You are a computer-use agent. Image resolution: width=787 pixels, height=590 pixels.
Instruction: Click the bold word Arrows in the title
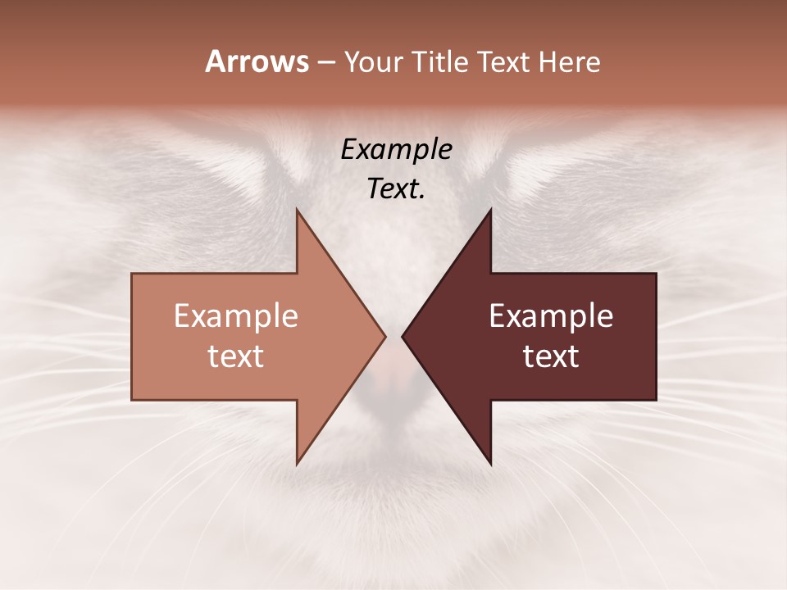click(x=257, y=61)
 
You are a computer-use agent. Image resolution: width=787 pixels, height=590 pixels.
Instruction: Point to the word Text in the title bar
click(x=505, y=61)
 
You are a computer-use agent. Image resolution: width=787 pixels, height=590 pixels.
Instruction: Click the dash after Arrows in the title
click(x=325, y=63)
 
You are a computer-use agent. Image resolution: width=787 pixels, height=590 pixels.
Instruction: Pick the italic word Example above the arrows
click(x=397, y=150)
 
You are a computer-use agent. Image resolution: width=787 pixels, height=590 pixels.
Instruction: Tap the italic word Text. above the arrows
click(x=397, y=189)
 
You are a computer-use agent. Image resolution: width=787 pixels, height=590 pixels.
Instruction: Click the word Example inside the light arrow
click(x=236, y=316)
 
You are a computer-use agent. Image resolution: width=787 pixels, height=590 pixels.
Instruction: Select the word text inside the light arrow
click(x=236, y=356)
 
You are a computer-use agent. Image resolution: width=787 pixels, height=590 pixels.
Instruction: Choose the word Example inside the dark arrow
click(x=551, y=316)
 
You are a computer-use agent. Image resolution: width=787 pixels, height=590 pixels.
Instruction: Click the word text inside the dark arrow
click(x=551, y=356)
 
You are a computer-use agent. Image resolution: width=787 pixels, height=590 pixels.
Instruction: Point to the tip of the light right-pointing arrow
click(x=385, y=336)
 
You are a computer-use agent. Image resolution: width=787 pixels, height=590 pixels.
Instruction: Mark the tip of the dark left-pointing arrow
click(x=403, y=336)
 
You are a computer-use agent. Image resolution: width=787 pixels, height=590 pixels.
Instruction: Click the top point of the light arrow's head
click(x=298, y=210)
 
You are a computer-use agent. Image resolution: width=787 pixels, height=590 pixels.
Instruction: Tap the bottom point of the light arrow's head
click(x=298, y=464)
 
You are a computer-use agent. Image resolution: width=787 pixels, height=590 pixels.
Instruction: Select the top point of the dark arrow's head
click(x=490, y=210)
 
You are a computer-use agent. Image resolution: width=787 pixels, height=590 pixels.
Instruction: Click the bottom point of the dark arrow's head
click(x=490, y=464)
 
